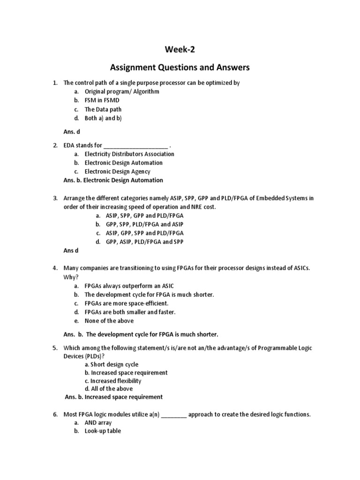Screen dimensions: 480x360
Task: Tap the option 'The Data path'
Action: (x=103, y=109)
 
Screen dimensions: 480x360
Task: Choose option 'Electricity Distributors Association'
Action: (x=129, y=154)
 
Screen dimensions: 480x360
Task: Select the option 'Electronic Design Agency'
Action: (x=117, y=172)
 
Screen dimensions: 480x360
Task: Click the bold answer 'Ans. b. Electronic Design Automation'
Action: (x=113, y=180)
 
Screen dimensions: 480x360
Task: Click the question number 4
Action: (x=55, y=268)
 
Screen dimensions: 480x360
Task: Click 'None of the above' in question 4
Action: (x=109, y=321)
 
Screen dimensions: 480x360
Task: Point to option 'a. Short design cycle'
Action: (x=112, y=364)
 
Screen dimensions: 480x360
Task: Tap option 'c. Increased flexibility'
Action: (x=113, y=381)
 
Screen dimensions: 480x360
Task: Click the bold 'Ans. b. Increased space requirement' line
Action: (x=113, y=397)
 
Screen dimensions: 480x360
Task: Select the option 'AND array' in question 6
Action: (x=98, y=422)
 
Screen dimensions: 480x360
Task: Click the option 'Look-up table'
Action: (x=103, y=431)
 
